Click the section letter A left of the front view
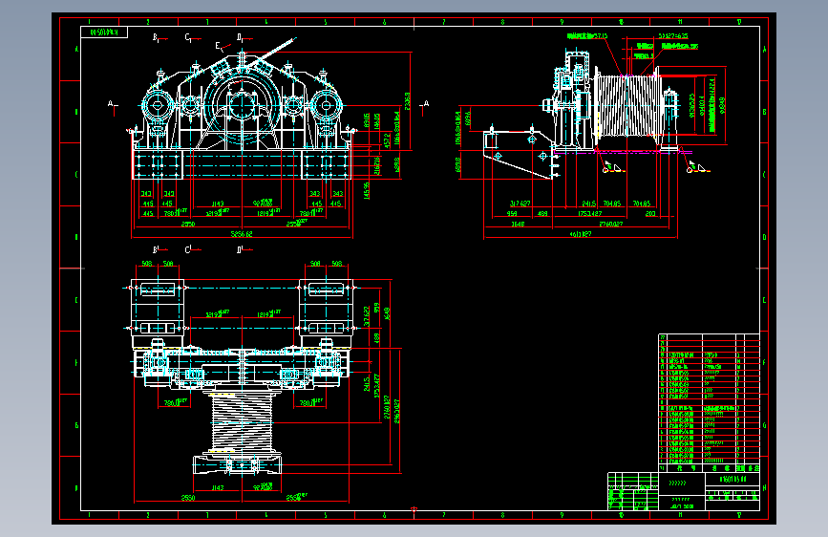(x=111, y=102)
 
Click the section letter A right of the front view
(x=426, y=102)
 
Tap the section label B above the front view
(x=155, y=37)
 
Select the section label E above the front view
(x=218, y=45)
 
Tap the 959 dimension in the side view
(x=512, y=214)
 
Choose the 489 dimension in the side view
(x=542, y=214)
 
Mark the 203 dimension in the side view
(x=650, y=214)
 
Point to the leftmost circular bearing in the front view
(x=156, y=107)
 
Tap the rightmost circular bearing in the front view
(x=327, y=107)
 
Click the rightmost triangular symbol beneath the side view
(x=694, y=169)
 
